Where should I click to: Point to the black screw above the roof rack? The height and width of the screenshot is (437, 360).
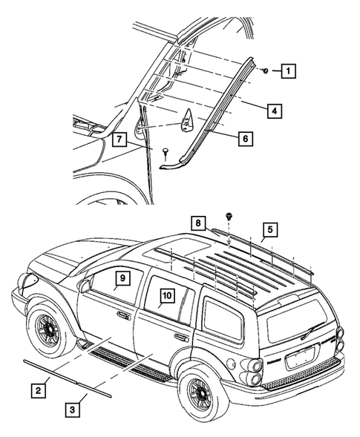pyautogui.click(x=229, y=217)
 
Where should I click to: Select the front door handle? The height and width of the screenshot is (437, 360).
pyautogui.click(x=120, y=315)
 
